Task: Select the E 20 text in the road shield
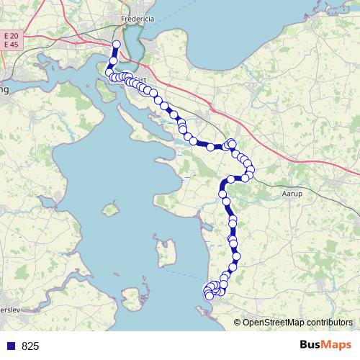coord(11,35)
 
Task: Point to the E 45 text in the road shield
coord(11,45)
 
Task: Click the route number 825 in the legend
coord(31,346)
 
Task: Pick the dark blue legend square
coord(11,346)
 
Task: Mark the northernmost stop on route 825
coord(116,45)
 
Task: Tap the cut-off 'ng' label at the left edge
coord(4,90)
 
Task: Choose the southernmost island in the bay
coord(130,297)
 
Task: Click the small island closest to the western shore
coord(110,210)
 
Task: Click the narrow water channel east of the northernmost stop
coord(130,50)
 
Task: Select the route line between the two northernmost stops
coord(114,53)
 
